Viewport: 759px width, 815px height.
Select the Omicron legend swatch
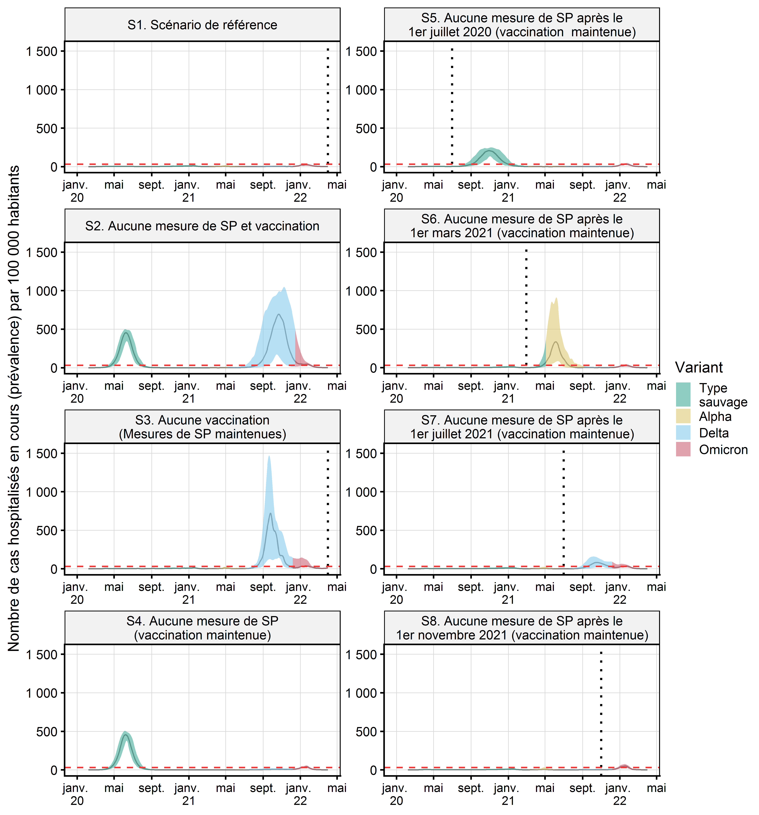pos(683,449)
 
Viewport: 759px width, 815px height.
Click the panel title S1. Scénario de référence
pos(202,25)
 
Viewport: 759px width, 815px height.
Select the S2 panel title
pos(202,226)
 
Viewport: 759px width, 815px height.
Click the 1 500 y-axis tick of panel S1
pos(42,52)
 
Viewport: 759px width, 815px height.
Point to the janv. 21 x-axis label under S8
pos(507,794)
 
